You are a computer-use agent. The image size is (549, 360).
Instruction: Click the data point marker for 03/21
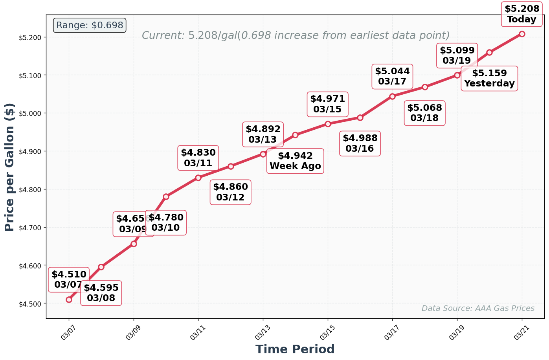[521, 34]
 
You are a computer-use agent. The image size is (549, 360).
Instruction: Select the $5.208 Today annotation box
[521, 14]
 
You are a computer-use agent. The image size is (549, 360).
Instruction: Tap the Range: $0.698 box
[90, 26]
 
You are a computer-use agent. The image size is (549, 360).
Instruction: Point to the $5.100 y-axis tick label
[30, 75]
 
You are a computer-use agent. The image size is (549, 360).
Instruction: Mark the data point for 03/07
[69, 299]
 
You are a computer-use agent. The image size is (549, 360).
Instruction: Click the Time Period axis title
[295, 349]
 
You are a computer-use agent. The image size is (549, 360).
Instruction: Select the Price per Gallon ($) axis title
[10, 167]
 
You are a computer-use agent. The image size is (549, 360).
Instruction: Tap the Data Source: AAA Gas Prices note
[478, 309]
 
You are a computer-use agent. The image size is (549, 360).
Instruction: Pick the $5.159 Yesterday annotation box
[489, 79]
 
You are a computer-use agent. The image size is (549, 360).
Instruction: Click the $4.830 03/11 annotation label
[198, 158]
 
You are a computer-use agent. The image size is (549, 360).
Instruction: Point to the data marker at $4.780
[166, 197]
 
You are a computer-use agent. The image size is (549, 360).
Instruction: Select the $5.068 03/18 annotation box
[424, 113]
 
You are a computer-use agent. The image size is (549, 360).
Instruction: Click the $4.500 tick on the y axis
[30, 304]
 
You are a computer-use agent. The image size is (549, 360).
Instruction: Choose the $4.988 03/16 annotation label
[360, 143]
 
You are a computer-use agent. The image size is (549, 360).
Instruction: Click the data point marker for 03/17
[392, 96]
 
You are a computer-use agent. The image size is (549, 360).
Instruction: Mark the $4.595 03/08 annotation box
[101, 293]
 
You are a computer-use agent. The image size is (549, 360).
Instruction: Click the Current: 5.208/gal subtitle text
[296, 36]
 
